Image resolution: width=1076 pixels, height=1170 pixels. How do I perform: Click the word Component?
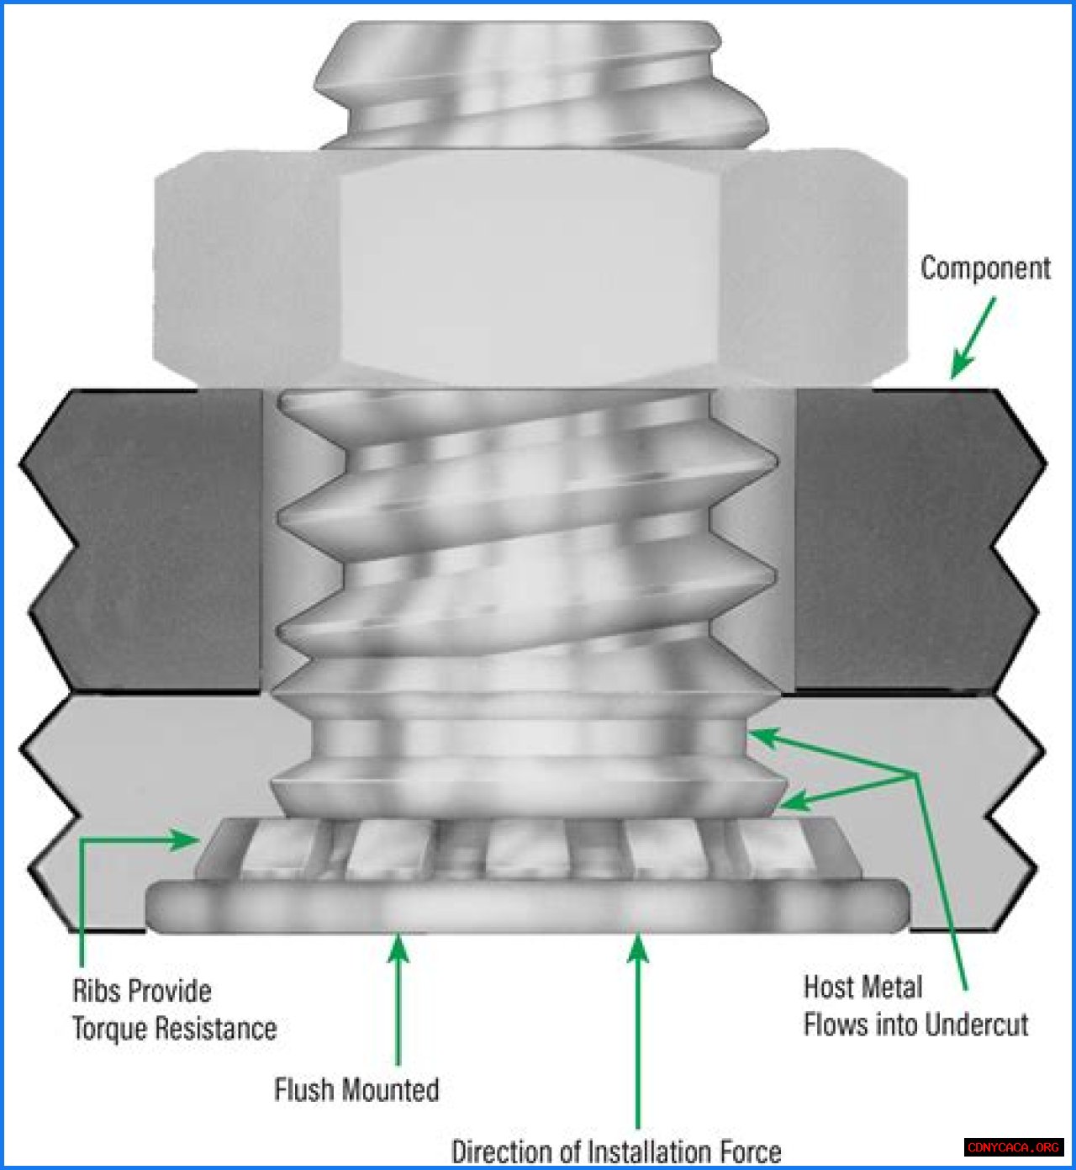985,269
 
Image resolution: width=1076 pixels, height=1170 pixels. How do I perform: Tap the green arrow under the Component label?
973,337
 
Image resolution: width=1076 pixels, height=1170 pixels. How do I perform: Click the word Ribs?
96,990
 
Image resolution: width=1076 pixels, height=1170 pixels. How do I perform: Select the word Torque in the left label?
109,1028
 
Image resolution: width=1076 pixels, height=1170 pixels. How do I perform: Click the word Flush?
304,1089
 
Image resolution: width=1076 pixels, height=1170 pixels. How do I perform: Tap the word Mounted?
390,1089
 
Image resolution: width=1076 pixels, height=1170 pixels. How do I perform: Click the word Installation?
649,1152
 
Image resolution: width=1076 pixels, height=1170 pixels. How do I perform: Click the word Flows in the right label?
836,1024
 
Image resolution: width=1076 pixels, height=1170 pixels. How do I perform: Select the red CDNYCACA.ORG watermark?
1012,1147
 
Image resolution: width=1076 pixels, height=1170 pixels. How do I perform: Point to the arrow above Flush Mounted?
398,999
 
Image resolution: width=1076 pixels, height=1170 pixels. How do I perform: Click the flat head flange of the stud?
528,906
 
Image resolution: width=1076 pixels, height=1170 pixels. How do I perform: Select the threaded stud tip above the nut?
540,85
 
